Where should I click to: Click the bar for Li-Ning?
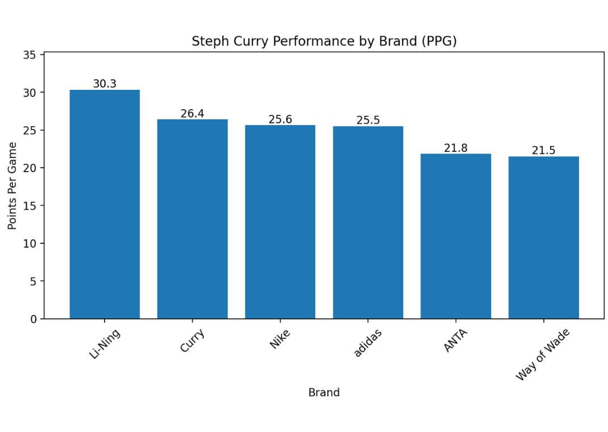click(x=105, y=204)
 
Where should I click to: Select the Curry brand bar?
click(x=192, y=219)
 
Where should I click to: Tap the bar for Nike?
click(x=280, y=222)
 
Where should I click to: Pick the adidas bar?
click(x=368, y=222)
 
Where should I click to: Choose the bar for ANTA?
click(x=456, y=236)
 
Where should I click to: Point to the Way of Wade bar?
click(x=543, y=237)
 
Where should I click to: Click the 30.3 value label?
click(x=105, y=84)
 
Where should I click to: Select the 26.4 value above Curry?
click(x=192, y=114)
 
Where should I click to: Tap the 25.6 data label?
click(x=280, y=119)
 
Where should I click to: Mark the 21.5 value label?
click(x=543, y=151)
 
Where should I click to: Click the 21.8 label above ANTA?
click(x=456, y=148)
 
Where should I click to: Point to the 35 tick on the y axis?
click(x=30, y=55)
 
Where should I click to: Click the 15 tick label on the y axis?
click(x=30, y=206)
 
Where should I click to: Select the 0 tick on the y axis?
click(x=34, y=319)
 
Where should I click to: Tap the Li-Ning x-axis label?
click(x=105, y=344)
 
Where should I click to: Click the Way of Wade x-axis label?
click(x=542, y=355)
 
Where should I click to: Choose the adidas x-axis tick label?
click(x=368, y=342)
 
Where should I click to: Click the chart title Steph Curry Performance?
click(x=324, y=41)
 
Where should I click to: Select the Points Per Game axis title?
click(x=13, y=186)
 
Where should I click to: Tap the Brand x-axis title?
click(x=324, y=392)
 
